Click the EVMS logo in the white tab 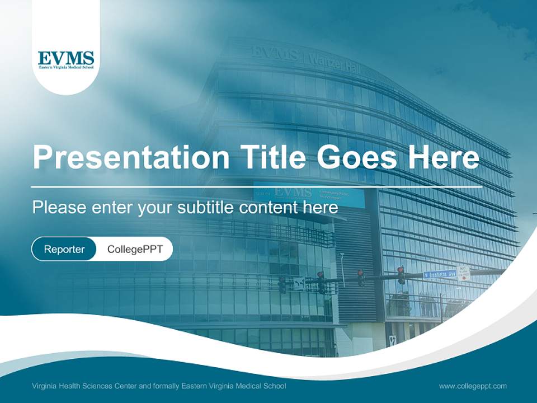tap(66, 60)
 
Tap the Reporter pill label tap(64, 249)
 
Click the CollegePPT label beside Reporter tap(135, 249)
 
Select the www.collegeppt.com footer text tap(473, 386)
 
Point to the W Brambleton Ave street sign tap(440, 274)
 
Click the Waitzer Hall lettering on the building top tap(335, 62)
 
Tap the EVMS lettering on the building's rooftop tap(274, 53)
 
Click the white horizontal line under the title tap(256, 186)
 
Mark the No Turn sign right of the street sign tap(464, 273)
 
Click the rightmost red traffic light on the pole tap(401, 274)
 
